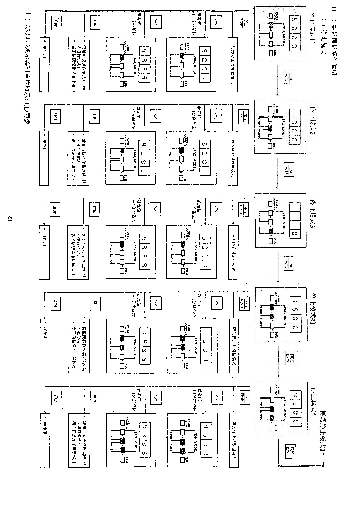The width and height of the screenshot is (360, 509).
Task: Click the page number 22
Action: tap(10, 218)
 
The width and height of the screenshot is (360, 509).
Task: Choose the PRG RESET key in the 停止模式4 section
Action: tap(244, 304)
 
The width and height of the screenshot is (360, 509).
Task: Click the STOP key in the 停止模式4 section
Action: tap(56, 302)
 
